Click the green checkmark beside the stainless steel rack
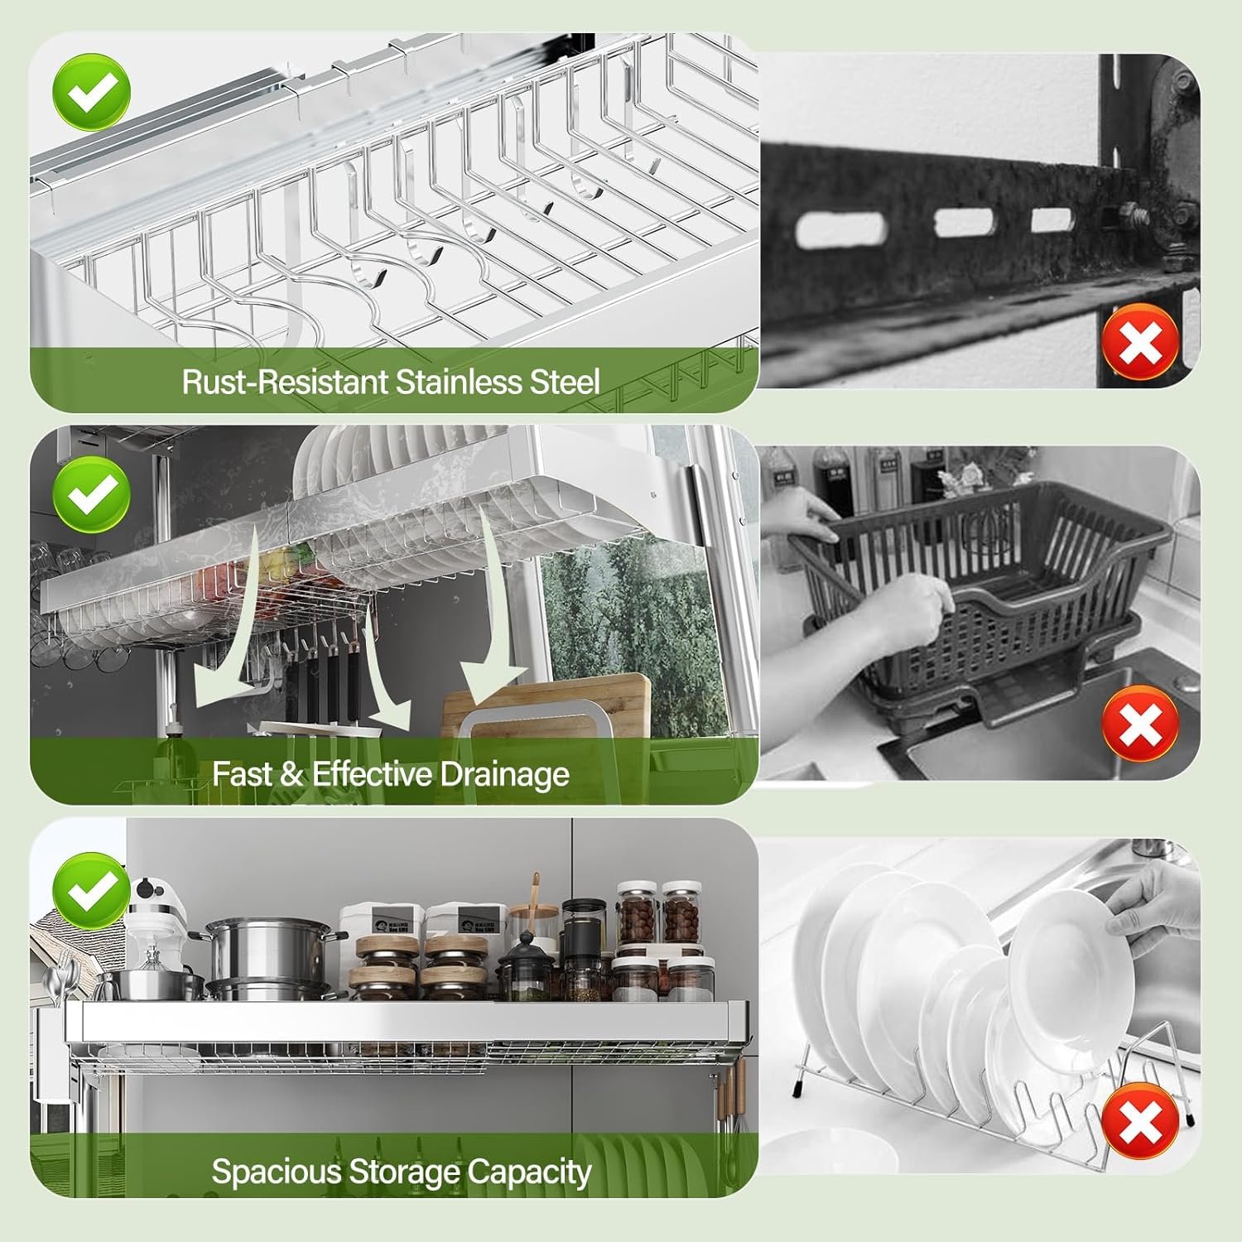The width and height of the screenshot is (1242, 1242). (x=91, y=93)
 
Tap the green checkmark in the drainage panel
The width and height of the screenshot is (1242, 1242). (x=91, y=495)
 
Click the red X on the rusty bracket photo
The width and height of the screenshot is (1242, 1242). (x=1140, y=342)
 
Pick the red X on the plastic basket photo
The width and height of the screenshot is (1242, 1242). (x=1140, y=725)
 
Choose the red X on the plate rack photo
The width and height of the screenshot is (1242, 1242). (x=1140, y=1122)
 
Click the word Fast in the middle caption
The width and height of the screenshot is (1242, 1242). (x=242, y=775)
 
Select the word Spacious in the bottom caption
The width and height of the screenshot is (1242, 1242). (x=277, y=1172)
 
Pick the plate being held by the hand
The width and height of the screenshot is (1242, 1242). (x=1072, y=960)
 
